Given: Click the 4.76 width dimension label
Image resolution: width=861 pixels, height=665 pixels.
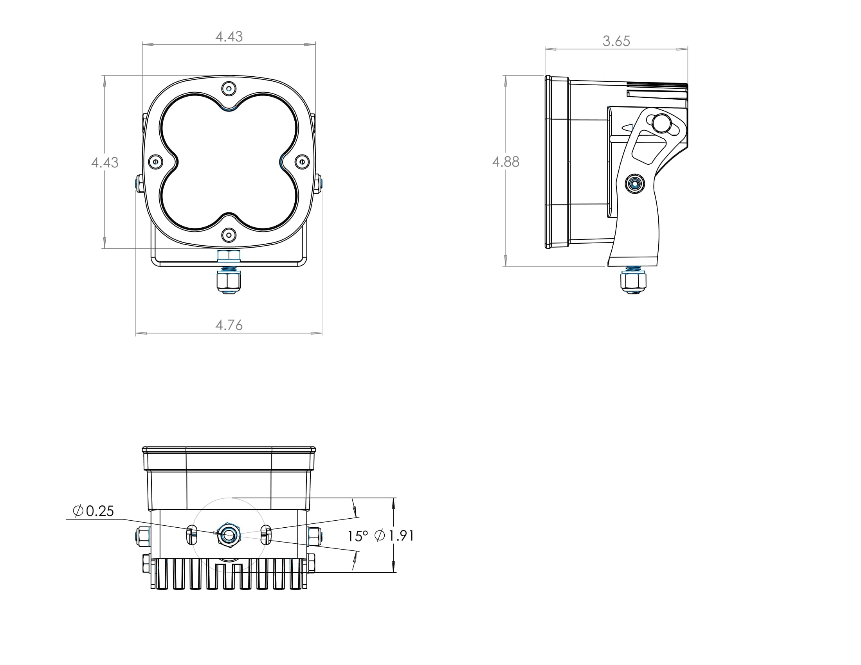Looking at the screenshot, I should coord(229,325).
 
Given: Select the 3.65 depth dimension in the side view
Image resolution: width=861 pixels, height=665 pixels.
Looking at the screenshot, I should coord(616,41).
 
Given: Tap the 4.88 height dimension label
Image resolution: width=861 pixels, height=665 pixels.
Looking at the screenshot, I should coord(506,162).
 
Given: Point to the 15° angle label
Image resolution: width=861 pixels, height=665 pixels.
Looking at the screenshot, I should coord(357,536).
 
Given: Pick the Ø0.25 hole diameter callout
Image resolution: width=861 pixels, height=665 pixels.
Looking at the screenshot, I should coord(94,511).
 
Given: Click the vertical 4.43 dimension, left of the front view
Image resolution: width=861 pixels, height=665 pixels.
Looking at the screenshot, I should coord(104,162).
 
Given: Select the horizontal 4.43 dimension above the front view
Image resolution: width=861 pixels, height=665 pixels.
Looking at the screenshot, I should coord(229,37).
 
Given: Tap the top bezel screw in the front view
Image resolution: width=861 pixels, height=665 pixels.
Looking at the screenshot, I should coord(229,88).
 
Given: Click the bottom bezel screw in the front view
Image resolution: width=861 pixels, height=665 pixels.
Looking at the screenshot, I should coord(229,235).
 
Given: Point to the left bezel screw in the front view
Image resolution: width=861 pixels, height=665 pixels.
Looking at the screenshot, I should coord(156,162).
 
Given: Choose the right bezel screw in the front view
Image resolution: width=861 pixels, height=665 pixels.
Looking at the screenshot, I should coord(303,162).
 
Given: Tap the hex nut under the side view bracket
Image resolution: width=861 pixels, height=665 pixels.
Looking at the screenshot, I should coord(633,281).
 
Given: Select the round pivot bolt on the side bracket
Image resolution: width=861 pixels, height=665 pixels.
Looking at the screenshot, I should coord(635,183).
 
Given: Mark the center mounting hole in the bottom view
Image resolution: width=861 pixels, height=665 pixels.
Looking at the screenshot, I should coord(229,535).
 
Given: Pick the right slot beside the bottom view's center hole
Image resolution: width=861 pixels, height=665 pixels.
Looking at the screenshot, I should coord(267,535).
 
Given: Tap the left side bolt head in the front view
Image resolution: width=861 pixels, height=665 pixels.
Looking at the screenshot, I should coord(139,183).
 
